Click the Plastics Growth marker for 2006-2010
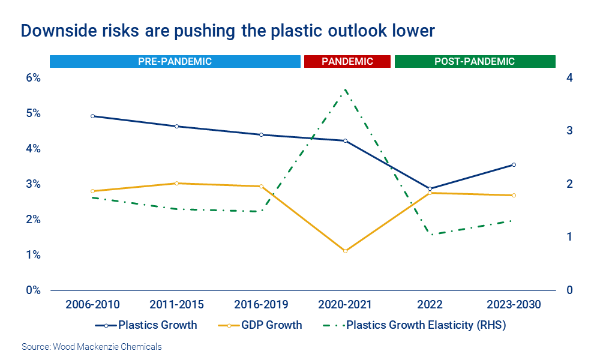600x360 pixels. click(x=92, y=116)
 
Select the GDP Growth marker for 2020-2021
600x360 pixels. click(x=345, y=251)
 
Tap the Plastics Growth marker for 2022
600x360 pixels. click(x=430, y=189)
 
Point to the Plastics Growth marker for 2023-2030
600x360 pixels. click(x=514, y=164)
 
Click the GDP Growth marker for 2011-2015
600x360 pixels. click(x=176, y=183)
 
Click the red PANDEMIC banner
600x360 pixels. click(x=347, y=61)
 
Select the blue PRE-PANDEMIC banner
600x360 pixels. click(x=175, y=61)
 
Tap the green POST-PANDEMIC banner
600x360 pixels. click(x=475, y=61)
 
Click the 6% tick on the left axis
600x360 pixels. click(x=32, y=78)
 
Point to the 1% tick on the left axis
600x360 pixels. click(x=32, y=255)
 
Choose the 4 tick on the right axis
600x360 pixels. click(x=569, y=78)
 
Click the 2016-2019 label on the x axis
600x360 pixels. click(x=261, y=305)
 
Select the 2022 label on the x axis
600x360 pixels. click(x=430, y=305)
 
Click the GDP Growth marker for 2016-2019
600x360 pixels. click(x=261, y=186)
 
